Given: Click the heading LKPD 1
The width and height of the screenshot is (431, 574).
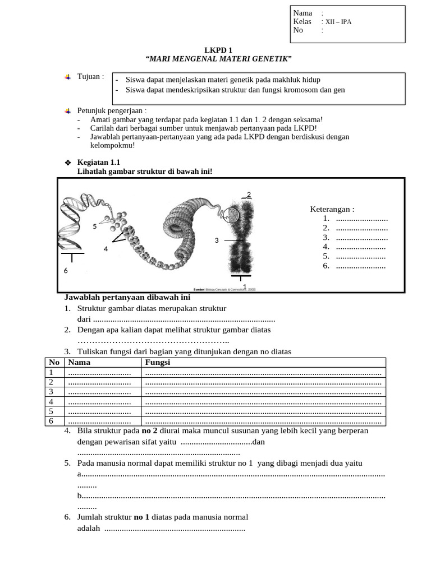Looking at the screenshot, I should pyautogui.click(x=218, y=50).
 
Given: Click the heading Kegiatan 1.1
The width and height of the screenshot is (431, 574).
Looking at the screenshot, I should pyautogui.click(x=98, y=162).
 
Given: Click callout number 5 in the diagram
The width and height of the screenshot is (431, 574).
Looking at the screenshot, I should pyautogui.click(x=95, y=226).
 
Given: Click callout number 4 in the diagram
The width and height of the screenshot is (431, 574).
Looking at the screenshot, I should pyautogui.click(x=106, y=249).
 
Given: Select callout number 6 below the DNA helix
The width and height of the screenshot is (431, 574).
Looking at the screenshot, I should pyautogui.click(x=65, y=270).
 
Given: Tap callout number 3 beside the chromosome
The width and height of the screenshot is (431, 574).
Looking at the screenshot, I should pyautogui.click(x=216, y=240).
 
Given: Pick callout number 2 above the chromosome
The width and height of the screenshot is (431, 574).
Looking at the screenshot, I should pyautogui.click(x=249, y=195).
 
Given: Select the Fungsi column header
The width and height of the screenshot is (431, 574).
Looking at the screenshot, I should pyautogui.click(x=158, y=363).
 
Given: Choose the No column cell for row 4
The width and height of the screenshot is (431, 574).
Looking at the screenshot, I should pyautogui.click(x=51, y=402).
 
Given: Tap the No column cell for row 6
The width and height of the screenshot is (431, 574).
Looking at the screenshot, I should pyautogui.click(x=51, y=421).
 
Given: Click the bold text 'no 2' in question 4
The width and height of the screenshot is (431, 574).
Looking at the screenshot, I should pyautogui.click(x=149, y=431).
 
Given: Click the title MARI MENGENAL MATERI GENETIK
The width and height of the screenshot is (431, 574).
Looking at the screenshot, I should pyautogui.click(x=218, y=59).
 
